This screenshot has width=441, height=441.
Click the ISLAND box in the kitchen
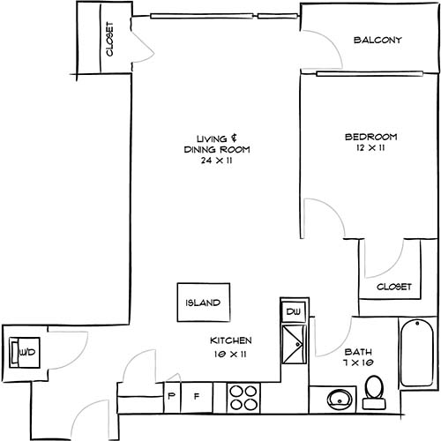[x=203, y=303]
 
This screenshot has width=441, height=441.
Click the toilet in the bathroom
[x=374, y=392]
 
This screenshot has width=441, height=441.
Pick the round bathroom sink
[x=338, y=400]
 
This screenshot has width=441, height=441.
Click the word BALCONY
[x=377, y=41]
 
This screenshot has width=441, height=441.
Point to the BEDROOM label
[x=371, y=137]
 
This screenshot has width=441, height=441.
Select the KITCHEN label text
[x=232, y=340]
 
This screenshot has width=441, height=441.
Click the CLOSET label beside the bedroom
[x=394, y=288]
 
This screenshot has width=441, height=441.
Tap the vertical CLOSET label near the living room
[x=110, y=40]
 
